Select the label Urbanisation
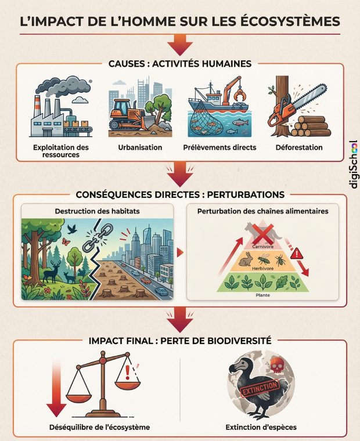point(140,147)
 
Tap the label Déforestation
point(299,147)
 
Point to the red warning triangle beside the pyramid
point(297,253)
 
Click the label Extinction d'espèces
point(261,427)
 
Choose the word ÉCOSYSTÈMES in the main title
point(285,22)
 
